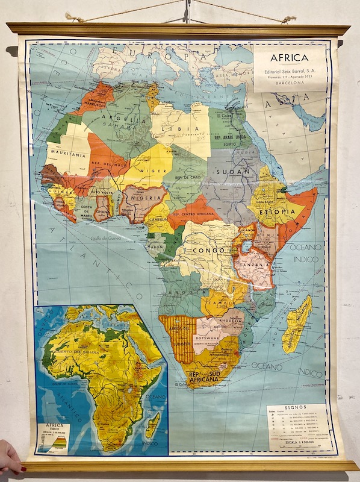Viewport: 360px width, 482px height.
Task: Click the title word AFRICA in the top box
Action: click(x=289, y=58)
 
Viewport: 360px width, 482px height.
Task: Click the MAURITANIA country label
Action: click(x=66, y=154)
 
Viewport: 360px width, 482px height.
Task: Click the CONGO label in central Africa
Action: click(x=208, y=249)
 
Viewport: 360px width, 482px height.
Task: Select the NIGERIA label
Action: click(x=144, y=196)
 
